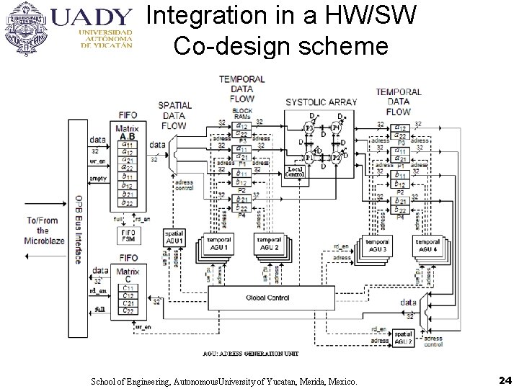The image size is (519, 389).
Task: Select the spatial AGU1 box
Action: coord(174,237)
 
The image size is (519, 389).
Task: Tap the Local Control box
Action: coord(296,171)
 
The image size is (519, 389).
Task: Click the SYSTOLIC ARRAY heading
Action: coord(320,102)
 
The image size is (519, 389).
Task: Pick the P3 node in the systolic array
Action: coord(308,128)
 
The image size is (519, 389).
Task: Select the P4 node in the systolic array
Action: coord(336,128)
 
